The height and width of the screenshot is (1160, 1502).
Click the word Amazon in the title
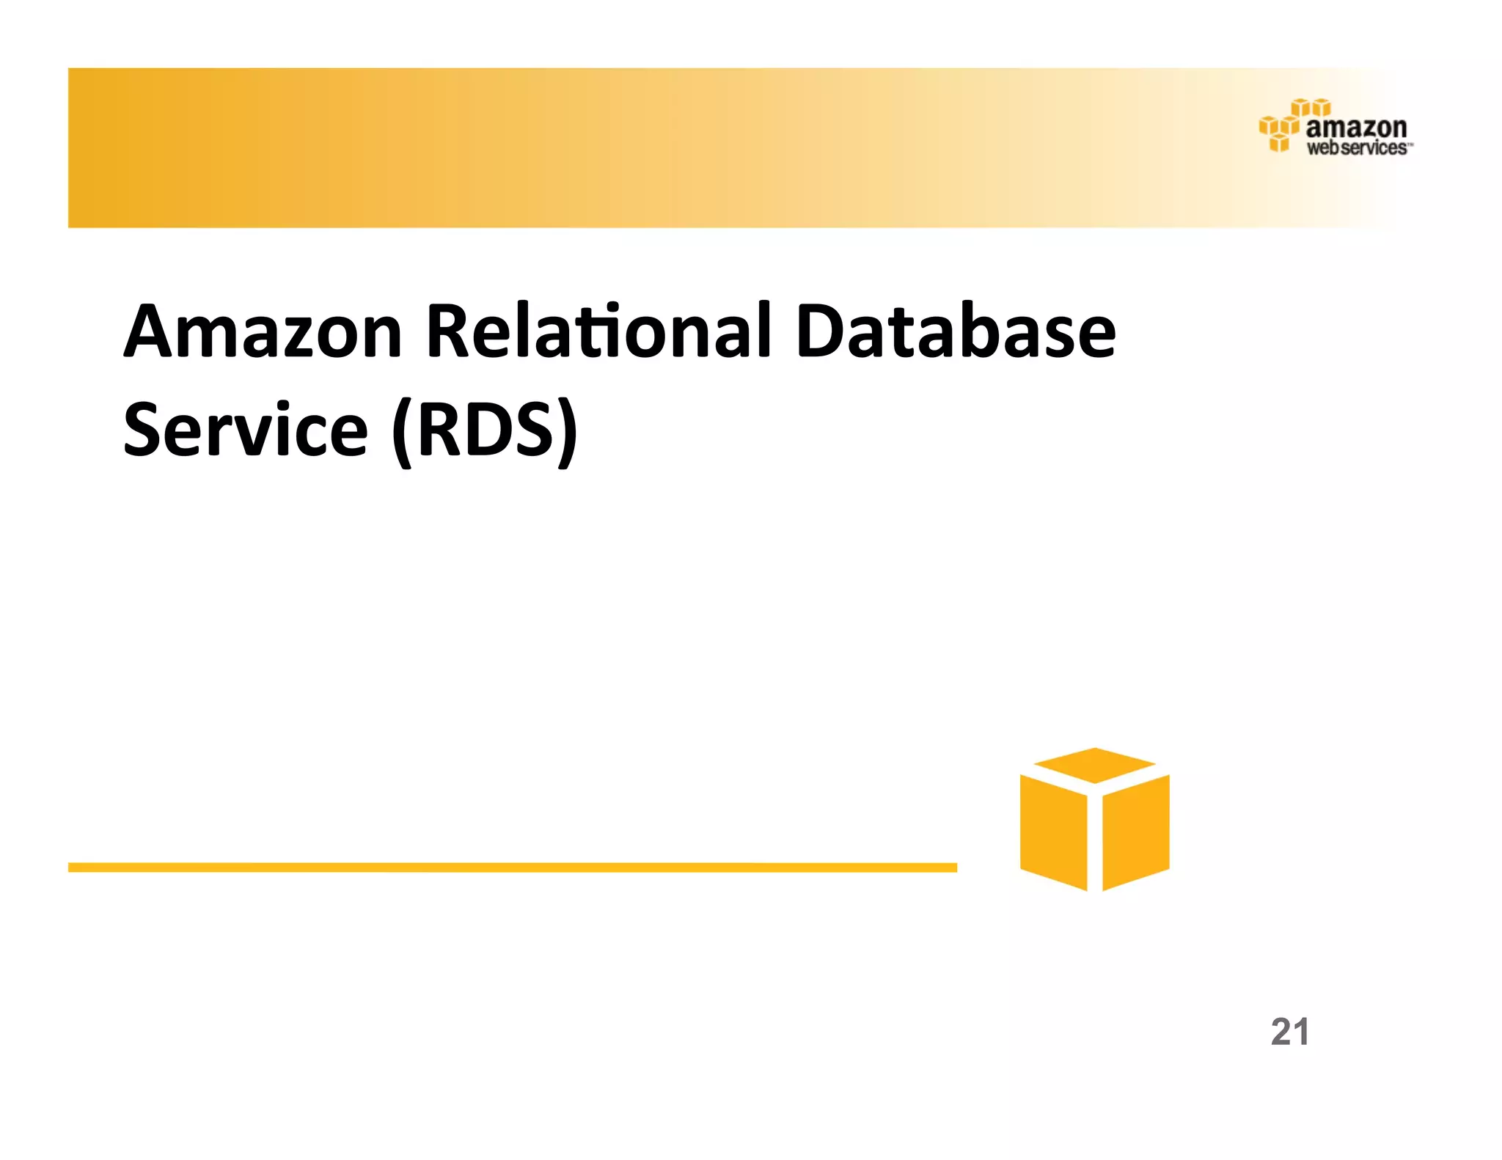(263, 331)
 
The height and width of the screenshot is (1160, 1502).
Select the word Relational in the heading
(598, 331)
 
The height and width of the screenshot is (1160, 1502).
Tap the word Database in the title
(955, 331)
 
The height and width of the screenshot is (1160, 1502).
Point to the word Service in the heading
(245, 430)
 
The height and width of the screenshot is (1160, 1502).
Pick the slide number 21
(1289, 1032)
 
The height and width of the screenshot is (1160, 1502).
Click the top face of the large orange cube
(1094, 765)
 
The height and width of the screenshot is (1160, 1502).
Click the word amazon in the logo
(1356, 128)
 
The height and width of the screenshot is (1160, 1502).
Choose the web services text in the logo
(1357, 148)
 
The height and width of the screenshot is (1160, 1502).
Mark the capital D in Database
(822, 331)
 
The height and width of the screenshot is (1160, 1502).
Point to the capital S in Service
(144, 430)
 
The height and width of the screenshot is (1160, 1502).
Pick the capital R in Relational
(449, 331)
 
